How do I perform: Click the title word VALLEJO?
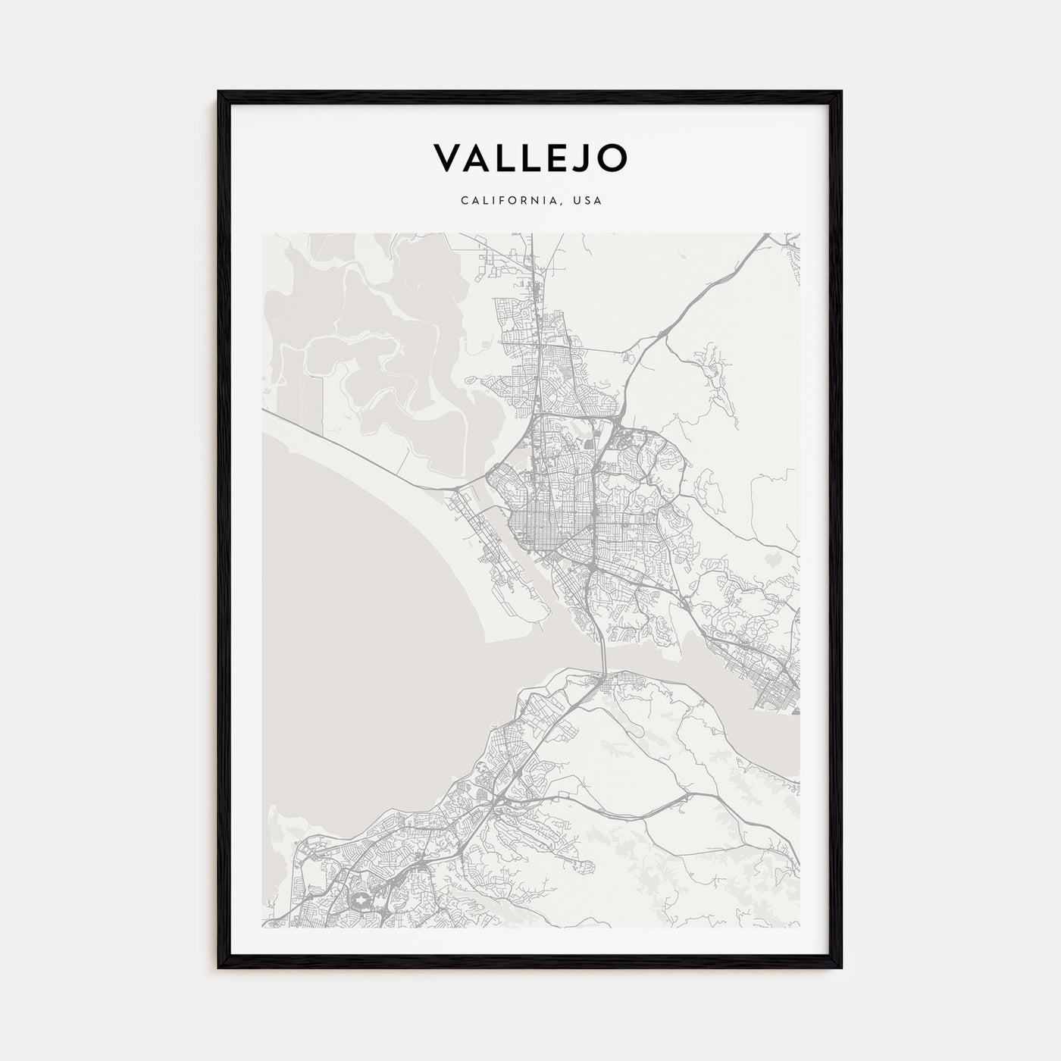530,157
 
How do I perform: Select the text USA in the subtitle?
587,202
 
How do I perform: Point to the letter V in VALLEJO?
446,157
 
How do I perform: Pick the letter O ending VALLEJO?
612,157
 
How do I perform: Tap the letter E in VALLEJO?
550,157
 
